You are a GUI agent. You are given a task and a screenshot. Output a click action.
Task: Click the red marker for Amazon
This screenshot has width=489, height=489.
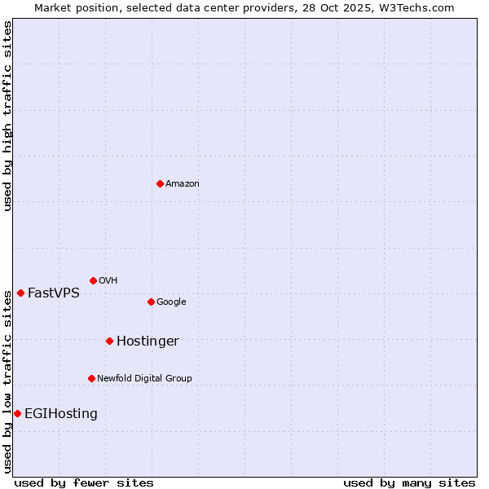click(160, 183)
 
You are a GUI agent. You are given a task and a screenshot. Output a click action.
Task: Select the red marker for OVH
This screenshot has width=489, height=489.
click(93, 280)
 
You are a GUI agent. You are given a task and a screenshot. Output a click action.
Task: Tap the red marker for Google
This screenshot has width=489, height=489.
click(151, 302)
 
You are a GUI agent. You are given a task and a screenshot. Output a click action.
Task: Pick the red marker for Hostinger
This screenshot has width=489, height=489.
click(109, 341)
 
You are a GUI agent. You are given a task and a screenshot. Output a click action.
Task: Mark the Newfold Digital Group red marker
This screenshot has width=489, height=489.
click(91, 378)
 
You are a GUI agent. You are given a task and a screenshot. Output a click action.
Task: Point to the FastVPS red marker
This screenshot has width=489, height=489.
click(20, 293)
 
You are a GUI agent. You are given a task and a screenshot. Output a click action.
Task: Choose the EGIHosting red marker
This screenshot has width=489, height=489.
click(17, 413)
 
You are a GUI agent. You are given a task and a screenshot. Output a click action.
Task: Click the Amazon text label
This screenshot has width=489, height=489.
click(183, 184)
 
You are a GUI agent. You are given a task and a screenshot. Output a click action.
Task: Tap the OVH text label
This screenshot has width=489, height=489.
click(108, 281)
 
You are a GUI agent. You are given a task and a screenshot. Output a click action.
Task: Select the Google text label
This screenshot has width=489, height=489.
click(171, 302)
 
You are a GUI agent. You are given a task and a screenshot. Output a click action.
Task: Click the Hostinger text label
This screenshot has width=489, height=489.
click(148, 341)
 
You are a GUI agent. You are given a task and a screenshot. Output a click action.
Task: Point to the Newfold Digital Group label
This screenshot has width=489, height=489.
click(144, 379)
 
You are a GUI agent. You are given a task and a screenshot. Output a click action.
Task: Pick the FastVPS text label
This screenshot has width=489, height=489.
click(54, 293)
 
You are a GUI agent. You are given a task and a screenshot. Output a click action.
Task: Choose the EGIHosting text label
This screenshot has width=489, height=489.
click(61, 414)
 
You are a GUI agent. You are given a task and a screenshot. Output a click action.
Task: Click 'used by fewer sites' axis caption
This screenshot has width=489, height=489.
click(84, 482)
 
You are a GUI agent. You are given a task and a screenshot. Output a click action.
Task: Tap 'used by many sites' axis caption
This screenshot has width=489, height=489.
click(409, 482)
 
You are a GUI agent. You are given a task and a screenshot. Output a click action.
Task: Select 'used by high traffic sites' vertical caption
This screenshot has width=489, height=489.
click(8, 116)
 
